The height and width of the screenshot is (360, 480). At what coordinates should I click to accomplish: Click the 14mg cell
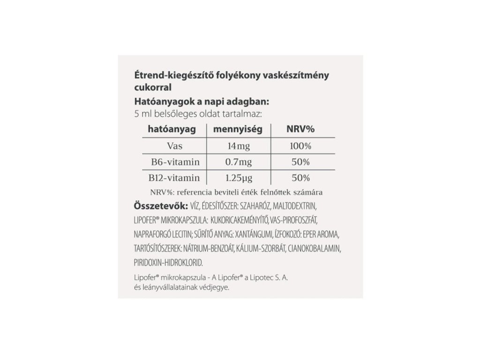(x=239, y=146)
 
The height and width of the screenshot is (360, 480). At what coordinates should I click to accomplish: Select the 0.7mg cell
(x=239, y=162)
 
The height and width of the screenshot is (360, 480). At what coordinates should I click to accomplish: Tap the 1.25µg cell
(x=239, y=178)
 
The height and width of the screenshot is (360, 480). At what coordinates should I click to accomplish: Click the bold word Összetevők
(x=160, y=206)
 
